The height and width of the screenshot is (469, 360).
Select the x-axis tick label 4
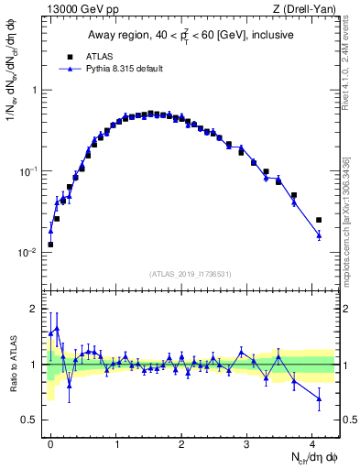click(x=312, y=442)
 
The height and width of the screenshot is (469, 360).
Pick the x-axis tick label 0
click(x=51, y=442)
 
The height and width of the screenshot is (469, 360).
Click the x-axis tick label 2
click(x=182, y=442)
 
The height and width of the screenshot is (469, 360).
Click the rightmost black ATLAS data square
click(x=319, y=220)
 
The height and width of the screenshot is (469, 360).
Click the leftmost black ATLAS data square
click(x=50, y=245)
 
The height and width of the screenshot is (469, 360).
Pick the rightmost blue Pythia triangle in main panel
click(x=319, y=235)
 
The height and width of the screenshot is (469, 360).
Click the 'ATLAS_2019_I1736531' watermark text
click(x=191, y=274)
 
